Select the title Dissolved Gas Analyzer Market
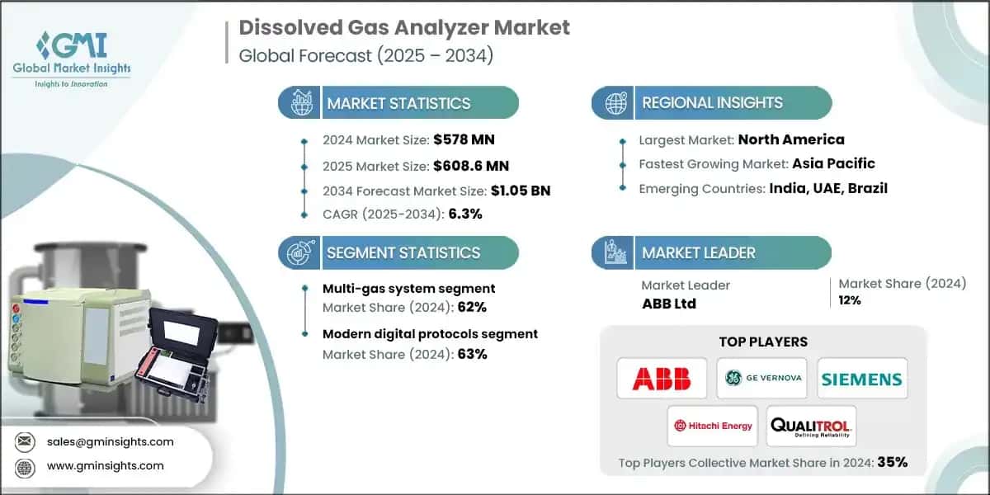tap(404, 27)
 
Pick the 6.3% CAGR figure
tap(465, 214)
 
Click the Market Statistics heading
tap(398, 103)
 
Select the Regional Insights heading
tap(712, 103)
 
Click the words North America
tap(790, 139)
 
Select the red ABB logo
tap(662, 379)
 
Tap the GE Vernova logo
tap(761, 379)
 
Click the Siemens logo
tap(862, 379)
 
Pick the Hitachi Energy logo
tap(712, 426)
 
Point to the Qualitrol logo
tap(811, 427)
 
